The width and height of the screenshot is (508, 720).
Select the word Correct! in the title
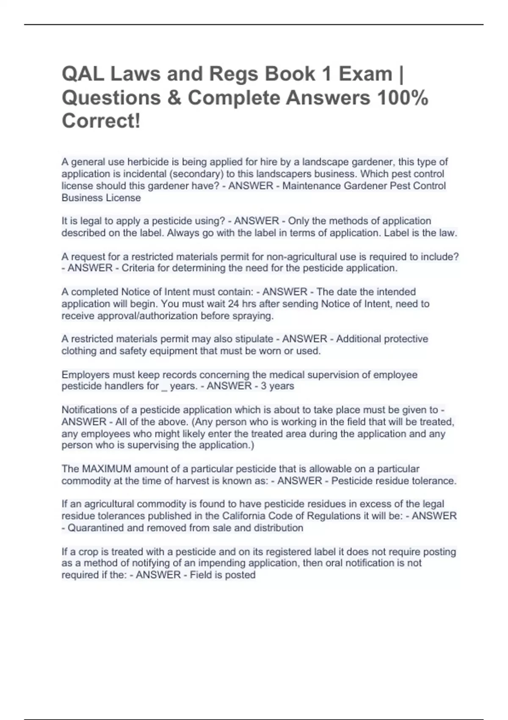click(x=101, y=121)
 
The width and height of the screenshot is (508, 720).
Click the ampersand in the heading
click(x=174, y=98)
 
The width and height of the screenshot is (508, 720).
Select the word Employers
click(x=84, y=375)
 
